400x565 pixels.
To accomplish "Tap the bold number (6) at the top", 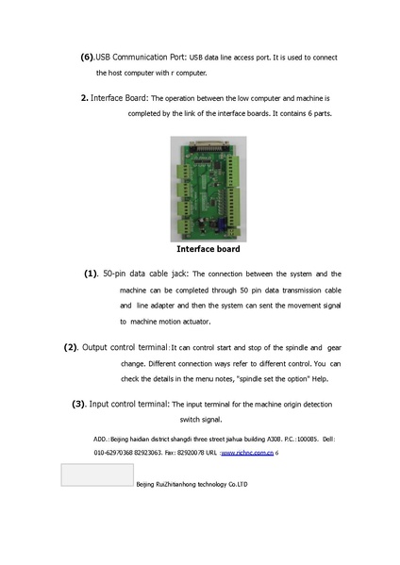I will tap(87, 56).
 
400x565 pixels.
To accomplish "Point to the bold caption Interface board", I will tap(208, 250).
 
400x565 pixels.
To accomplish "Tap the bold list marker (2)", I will tap(71, 347).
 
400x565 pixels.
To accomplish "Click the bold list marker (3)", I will tap(79, 404).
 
